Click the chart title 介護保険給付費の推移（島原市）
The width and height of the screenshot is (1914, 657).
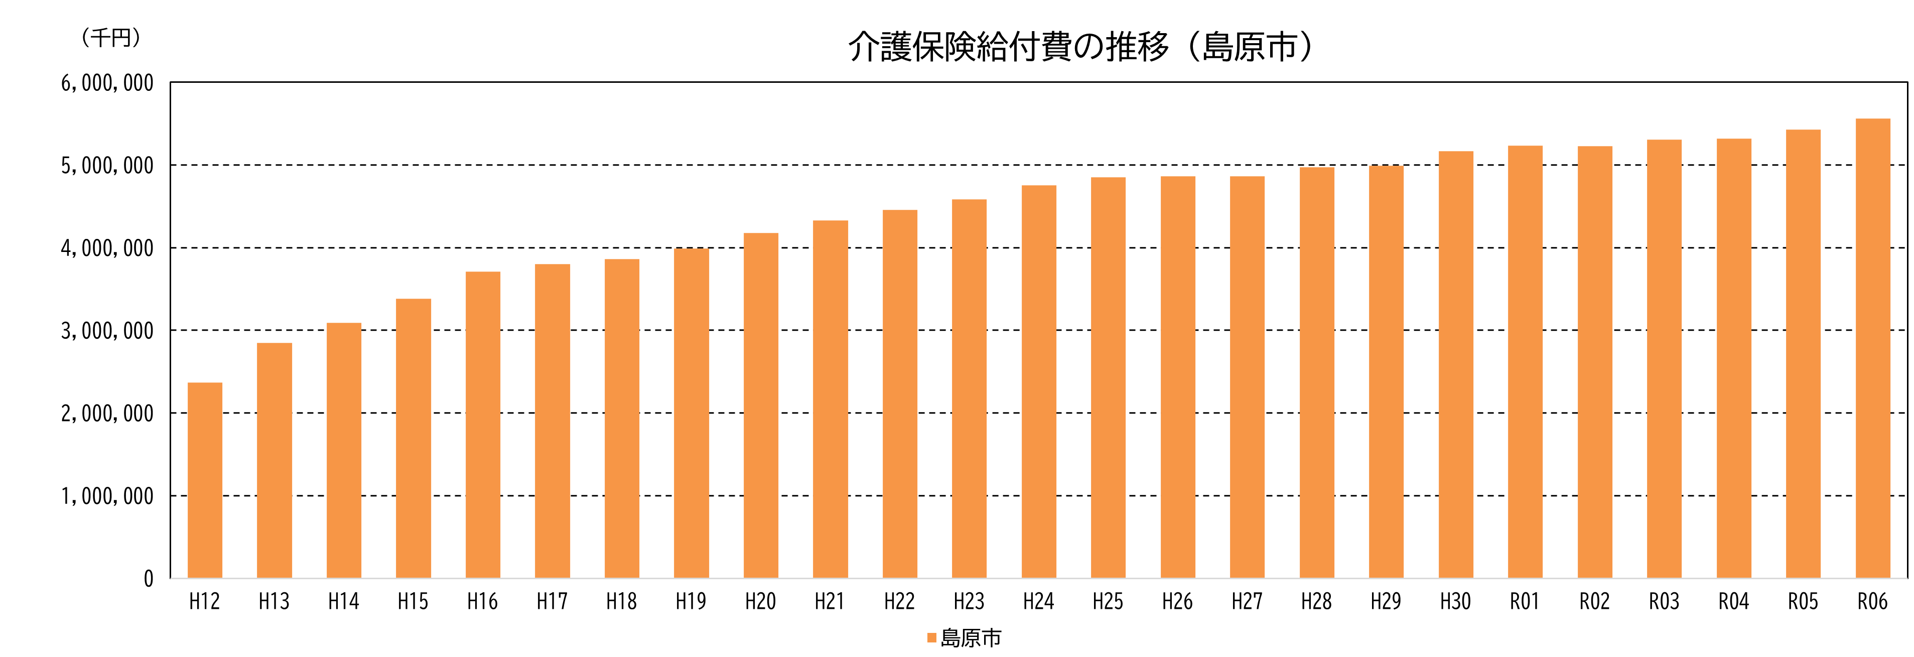tap(1080, 47)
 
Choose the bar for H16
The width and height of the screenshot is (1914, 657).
tap(483, 425)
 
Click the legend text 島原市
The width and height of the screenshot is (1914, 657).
tap(971, 637)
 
